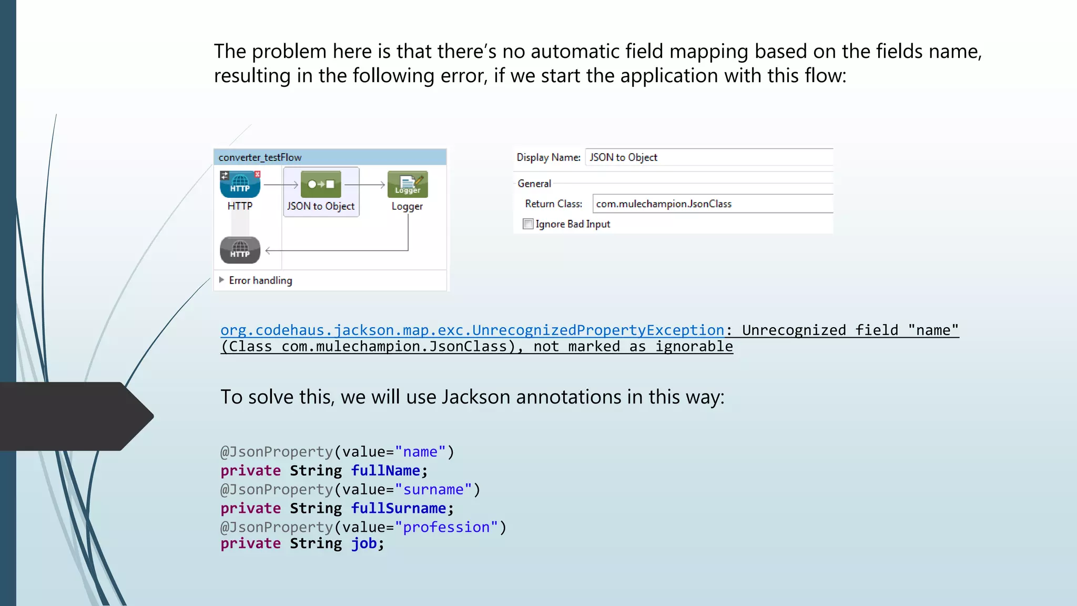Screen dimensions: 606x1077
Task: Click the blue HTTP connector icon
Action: (x=240, y=185)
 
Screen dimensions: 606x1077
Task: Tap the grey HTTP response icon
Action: (x=240, y=250)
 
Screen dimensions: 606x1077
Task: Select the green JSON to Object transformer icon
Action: (x=321, y=184)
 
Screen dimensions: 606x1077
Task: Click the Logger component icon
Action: (x=408, y=184)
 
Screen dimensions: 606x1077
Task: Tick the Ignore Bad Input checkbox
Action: (x=528, y=224)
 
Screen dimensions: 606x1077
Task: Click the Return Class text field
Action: (x=712, y=204)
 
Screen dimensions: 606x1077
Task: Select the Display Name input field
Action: (x=708, y=157)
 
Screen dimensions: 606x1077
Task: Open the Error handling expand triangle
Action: (x=222, y=280)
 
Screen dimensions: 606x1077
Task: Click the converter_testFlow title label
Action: (x=260, y=157)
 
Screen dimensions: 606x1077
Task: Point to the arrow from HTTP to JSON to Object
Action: (x=281, y=185)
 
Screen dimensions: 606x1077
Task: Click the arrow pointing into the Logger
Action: (x=365, y=185)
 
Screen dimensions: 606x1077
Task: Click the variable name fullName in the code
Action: (x=385, y=471)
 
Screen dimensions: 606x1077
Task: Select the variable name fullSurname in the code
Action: (x=399, y=509)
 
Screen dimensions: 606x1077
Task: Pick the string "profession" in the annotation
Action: (x=446, y=527)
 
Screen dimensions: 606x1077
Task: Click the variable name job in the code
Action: (x=364, y=543)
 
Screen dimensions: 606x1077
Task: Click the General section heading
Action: (x=534, y=184)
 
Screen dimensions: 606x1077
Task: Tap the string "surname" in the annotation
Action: (x=433, y=490)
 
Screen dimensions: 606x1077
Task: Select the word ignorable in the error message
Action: (x=694, y=347)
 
